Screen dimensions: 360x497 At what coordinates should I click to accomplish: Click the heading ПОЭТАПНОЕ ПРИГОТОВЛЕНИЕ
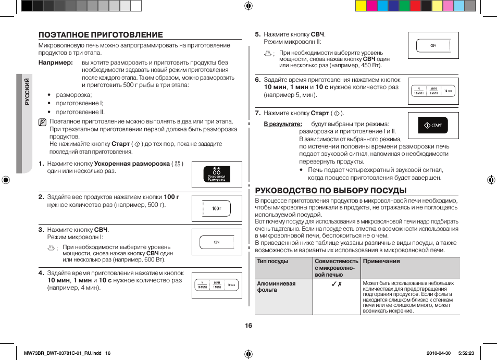101,35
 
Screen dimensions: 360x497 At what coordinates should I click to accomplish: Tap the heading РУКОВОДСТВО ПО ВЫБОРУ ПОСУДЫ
330,190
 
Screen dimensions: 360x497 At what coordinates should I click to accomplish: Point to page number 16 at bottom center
249,326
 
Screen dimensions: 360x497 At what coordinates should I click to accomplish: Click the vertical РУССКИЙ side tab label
28,92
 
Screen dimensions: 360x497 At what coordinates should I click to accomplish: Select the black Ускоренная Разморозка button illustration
217,174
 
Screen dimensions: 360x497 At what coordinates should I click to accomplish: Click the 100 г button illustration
217,208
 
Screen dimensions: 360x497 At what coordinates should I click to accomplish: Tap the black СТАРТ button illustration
433,126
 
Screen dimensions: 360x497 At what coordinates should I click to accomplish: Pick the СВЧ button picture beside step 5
433,46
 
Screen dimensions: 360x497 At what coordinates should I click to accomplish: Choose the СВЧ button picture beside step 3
217,242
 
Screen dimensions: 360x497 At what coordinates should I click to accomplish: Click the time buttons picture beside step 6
433,91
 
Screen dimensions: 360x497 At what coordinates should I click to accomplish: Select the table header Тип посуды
272,262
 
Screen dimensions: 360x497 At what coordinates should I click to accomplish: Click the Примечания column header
381,262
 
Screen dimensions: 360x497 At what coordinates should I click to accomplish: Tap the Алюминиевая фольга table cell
276,287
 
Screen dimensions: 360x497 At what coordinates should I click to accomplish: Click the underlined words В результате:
283,124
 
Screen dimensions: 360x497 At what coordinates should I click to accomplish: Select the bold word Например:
55,63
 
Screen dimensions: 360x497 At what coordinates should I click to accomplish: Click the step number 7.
257,113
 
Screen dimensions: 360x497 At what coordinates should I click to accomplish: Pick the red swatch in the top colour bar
415,6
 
